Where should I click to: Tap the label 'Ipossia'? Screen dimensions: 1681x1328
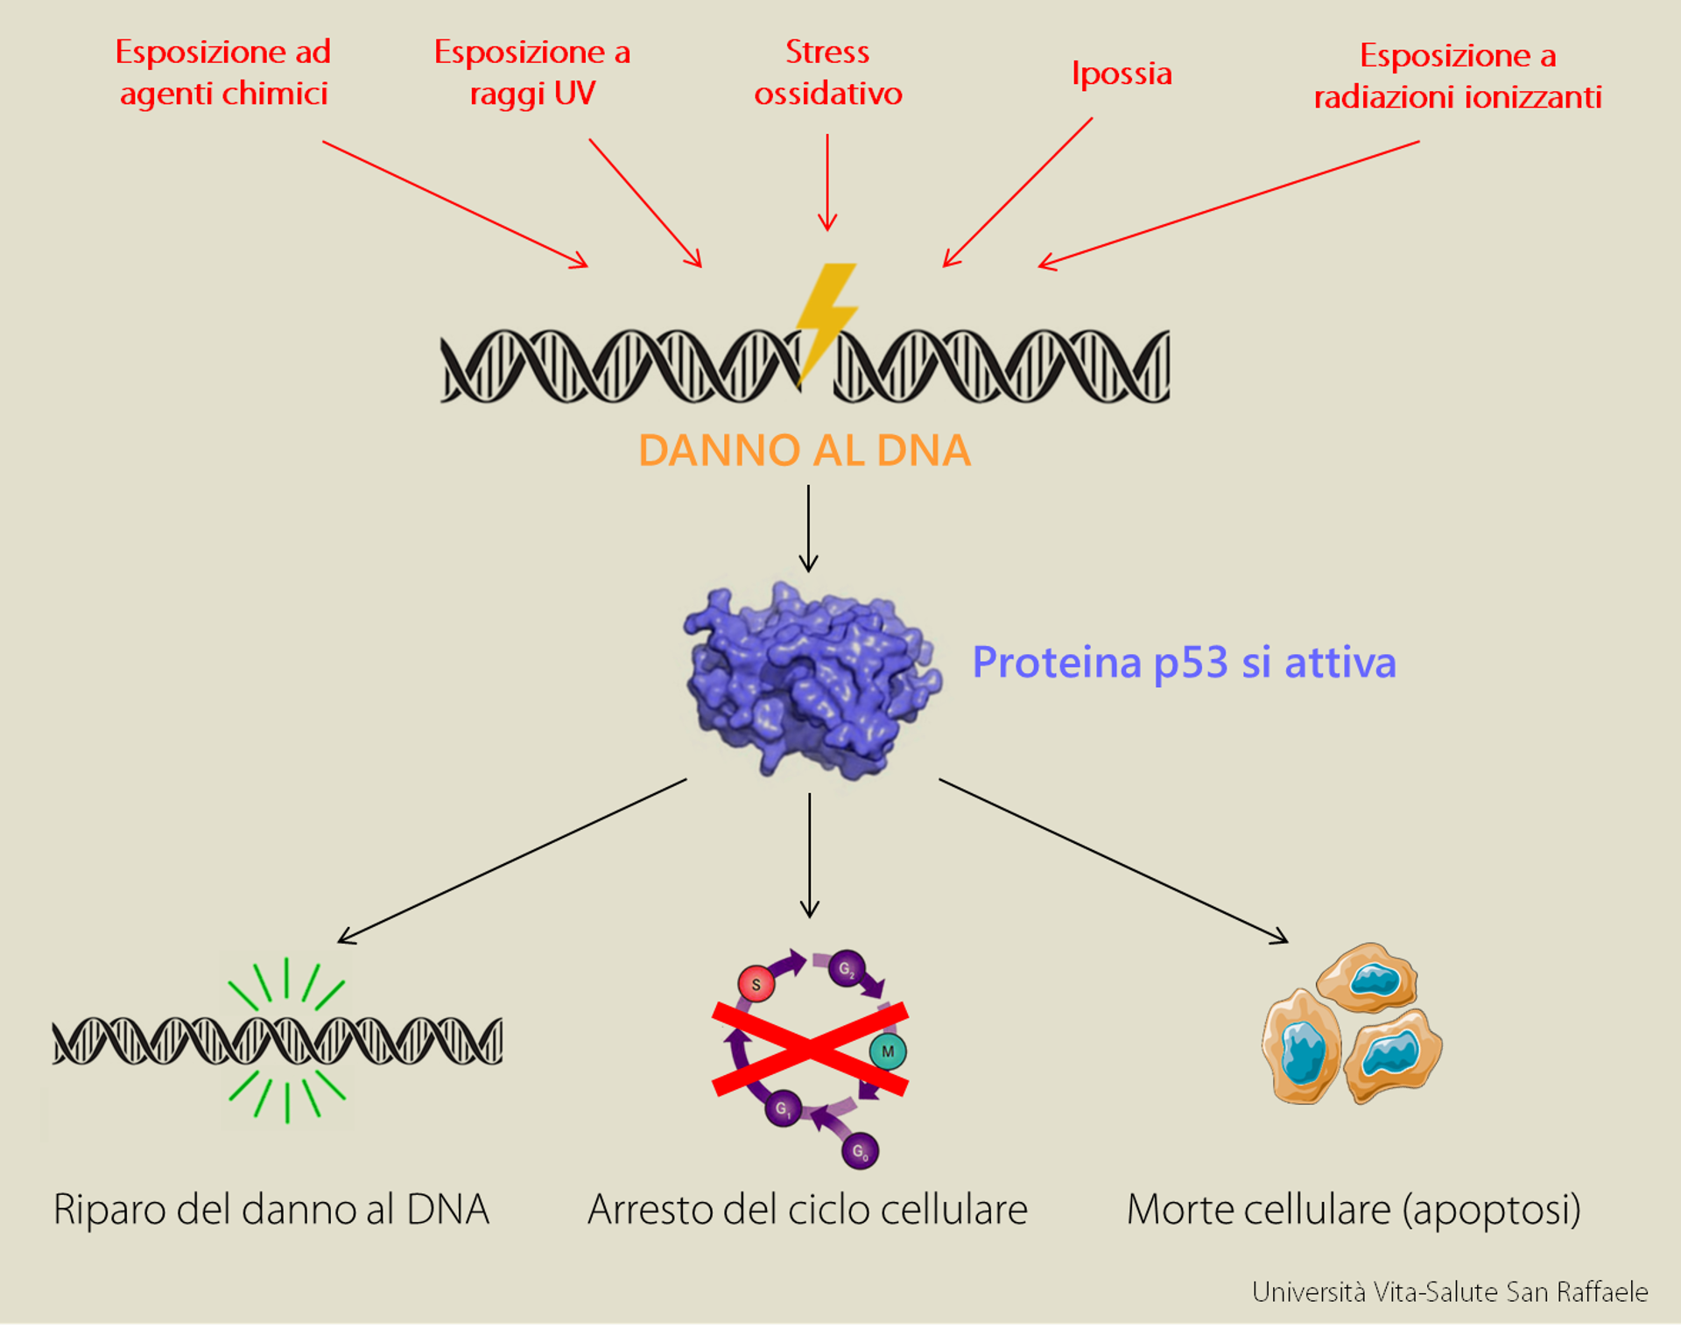coord(1122,74)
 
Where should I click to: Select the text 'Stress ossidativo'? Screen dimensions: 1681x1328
coord(828,72)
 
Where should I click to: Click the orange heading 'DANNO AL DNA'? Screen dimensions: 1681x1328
coord(805,450)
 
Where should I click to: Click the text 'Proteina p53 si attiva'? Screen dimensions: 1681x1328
coord(1184,663)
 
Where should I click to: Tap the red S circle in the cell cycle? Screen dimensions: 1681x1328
coord(756,984)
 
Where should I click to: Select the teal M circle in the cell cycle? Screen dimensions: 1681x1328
coord(888,1051)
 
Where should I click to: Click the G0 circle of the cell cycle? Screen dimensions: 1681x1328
coord(860,1150)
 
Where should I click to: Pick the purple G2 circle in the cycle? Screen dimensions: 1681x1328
coord(847,968)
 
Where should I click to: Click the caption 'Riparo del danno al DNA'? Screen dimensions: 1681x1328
coord(271,1210)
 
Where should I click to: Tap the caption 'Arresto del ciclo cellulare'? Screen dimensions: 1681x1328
coord(807,1210)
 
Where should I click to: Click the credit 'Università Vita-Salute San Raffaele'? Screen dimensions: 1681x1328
coord(1450,1292)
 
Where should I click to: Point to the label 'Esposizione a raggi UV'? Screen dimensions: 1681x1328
coord(532,73)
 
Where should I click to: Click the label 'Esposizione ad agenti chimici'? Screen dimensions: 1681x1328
coord(223,73)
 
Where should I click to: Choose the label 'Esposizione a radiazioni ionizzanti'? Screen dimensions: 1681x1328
coord(1458,76)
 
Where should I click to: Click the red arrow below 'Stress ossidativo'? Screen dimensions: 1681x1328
coord(827,182)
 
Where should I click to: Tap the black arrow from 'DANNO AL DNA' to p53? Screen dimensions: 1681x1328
coord(809,529)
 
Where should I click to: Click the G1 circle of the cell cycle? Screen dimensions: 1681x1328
coord(783,1108)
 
